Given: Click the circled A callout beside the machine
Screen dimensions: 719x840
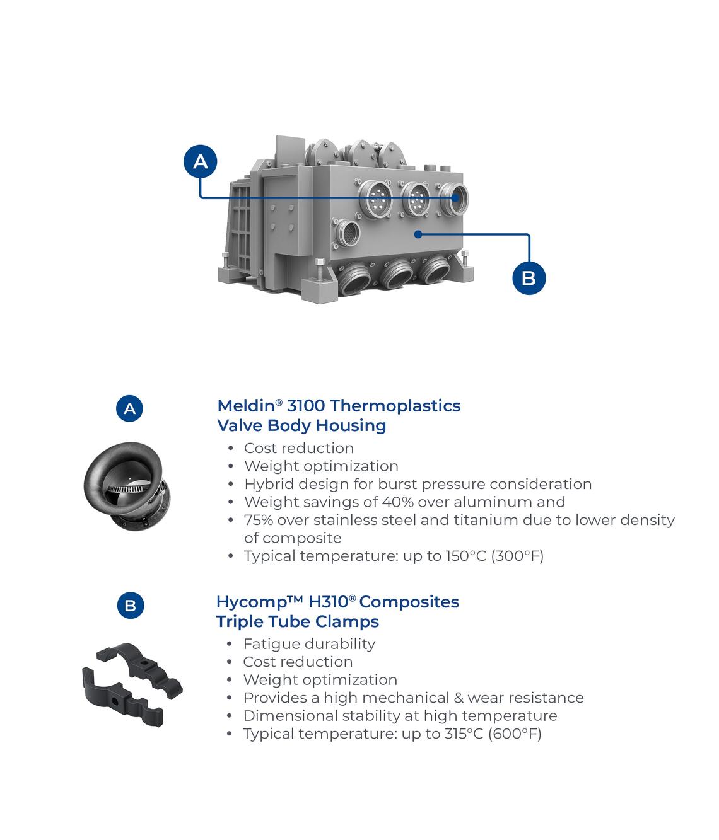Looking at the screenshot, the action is click(x=200, y=161).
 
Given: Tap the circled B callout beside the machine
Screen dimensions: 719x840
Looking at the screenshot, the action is click(x=529, y=278).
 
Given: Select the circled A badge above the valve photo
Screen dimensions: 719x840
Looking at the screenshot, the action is click(x=130, y=408).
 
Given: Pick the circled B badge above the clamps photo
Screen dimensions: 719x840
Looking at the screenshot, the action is click(x=131, y=605).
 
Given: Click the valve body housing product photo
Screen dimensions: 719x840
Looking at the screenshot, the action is click(x=127, y=486).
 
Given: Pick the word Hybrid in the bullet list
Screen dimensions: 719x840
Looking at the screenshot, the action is click(x=269, y=485).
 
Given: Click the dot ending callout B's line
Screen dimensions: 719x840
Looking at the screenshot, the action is click(x=418, y=234).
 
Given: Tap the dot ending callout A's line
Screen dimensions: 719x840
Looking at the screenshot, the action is click(x=455, y=198).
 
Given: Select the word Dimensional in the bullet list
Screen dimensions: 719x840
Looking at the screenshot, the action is click(x=291, y=716).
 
